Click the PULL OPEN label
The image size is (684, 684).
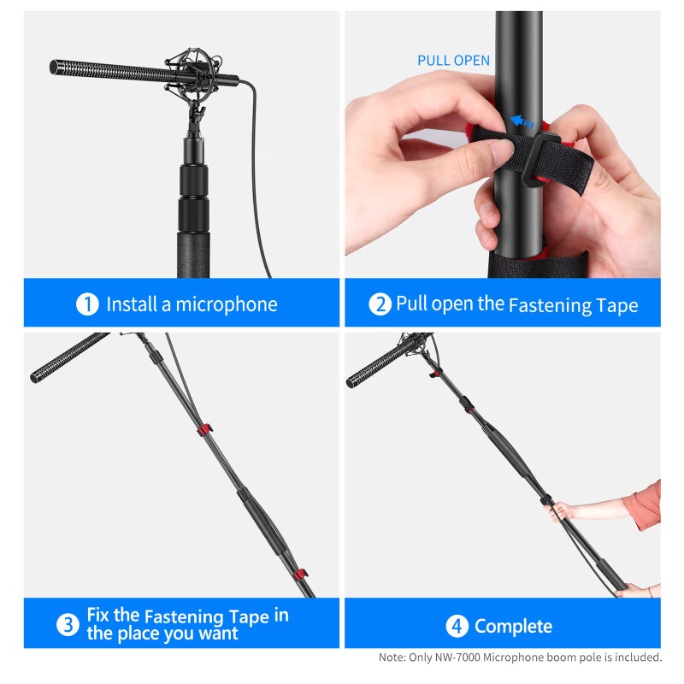coord(453,61)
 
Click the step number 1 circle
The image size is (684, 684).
coord(87,304)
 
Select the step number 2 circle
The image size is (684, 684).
coord(380,304)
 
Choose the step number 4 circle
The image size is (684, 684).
coord(457,627)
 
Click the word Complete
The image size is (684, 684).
coord(513,627)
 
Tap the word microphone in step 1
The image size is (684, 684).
coord(227,304)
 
